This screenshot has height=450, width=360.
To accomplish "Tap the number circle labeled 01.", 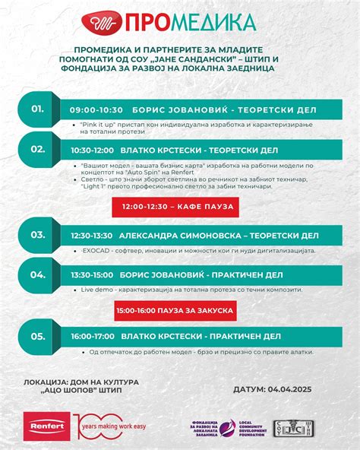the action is [38, 109].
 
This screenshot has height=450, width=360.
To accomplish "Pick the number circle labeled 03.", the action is [38, 235].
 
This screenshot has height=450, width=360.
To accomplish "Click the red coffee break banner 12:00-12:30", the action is [175, 207].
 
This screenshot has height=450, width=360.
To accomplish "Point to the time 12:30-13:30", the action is [91, 236].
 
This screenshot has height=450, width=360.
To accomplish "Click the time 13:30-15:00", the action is [91, 275].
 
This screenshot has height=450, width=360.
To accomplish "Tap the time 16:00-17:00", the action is [92, 336].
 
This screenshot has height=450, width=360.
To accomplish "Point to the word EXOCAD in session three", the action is [97, 250].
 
